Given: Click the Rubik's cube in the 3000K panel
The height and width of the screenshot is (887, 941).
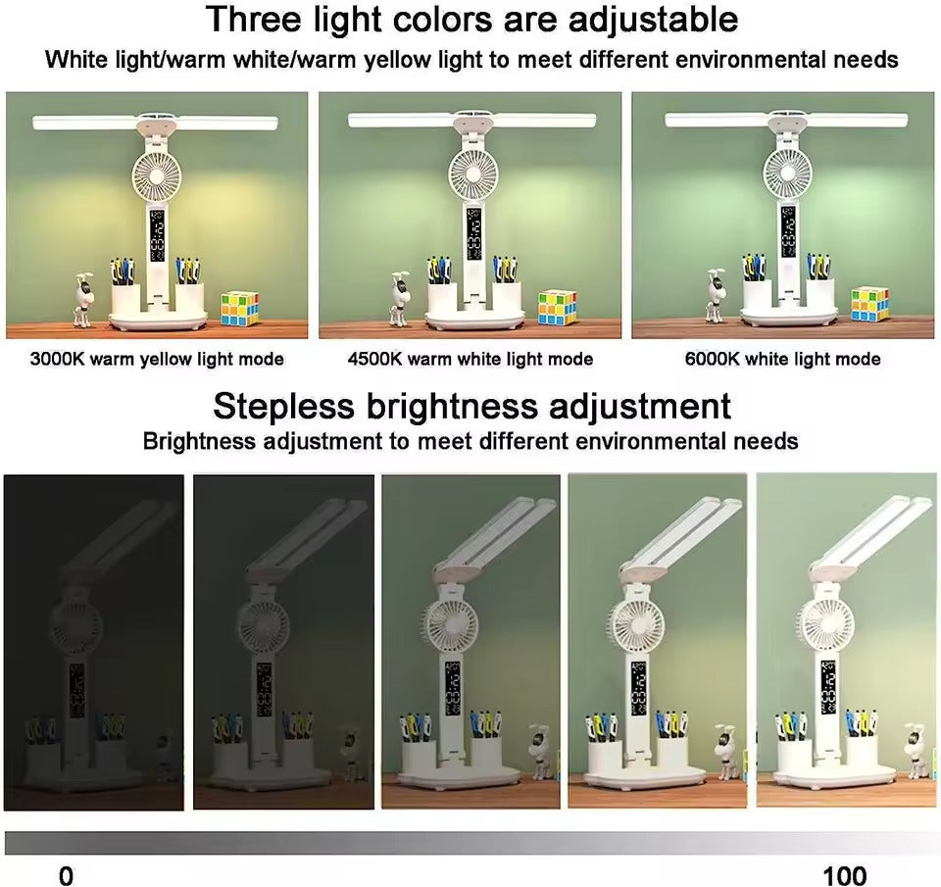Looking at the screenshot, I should [239, 308].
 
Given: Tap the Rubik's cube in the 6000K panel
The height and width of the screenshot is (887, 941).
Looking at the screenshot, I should [869, 304].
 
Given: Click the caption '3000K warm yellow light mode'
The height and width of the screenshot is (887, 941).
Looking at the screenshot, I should [157, 359].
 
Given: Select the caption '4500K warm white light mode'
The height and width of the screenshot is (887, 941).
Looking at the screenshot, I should [470, 359].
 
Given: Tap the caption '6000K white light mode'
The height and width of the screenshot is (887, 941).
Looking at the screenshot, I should [782, 359].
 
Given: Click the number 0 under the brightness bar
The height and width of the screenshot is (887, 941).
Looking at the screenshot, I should [66, 875].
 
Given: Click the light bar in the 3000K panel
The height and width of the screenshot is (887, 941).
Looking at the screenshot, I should [157, 123].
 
